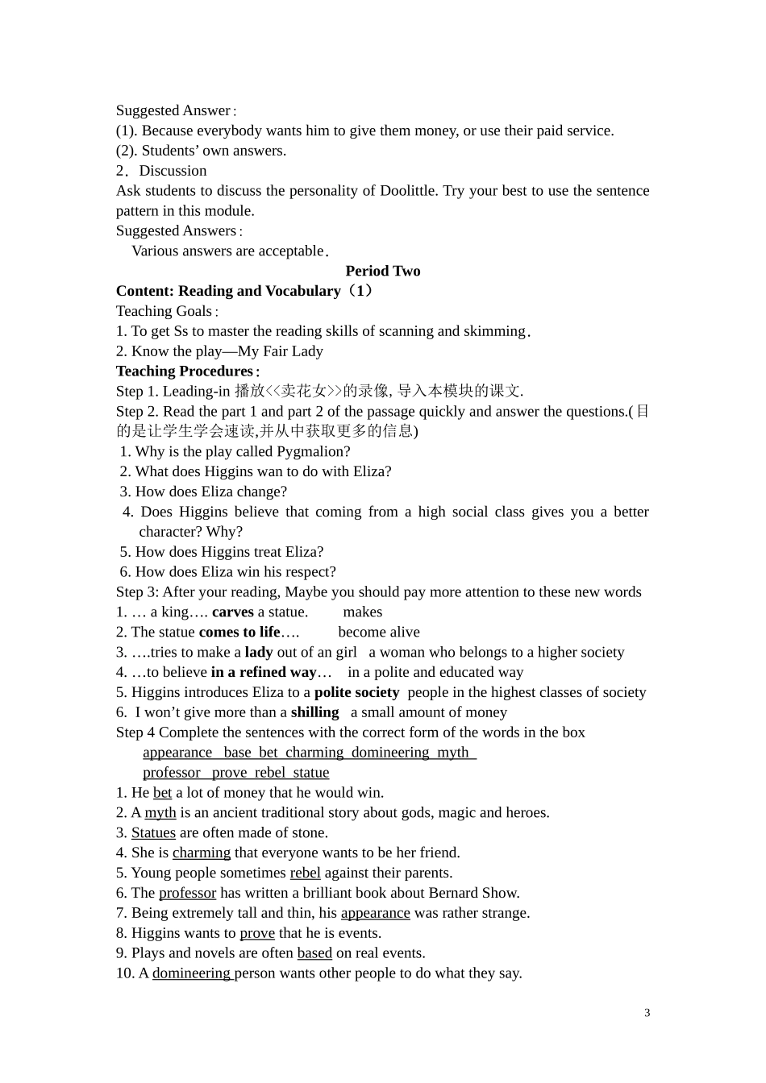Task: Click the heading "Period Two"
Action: (383, 271)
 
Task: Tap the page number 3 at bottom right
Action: (647, 1013)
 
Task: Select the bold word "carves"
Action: (233, 612)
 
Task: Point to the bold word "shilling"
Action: (314, 712)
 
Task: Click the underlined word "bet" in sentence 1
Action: (162, 793)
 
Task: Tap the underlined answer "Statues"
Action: (153, 832)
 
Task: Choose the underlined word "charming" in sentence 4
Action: (202, 853)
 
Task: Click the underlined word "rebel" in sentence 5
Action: (305, 873)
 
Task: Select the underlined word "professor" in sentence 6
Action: (187, 893)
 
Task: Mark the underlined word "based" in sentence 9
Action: (314, 953)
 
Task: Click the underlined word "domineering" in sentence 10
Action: (192, 973)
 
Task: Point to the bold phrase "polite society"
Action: (356, 692)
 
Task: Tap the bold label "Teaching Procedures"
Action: (185, 371)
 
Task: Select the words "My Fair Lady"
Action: (281, 351)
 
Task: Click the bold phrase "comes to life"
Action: (239, 632)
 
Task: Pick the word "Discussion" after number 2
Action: (173, 171)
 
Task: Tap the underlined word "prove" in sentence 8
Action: (257, 933)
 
